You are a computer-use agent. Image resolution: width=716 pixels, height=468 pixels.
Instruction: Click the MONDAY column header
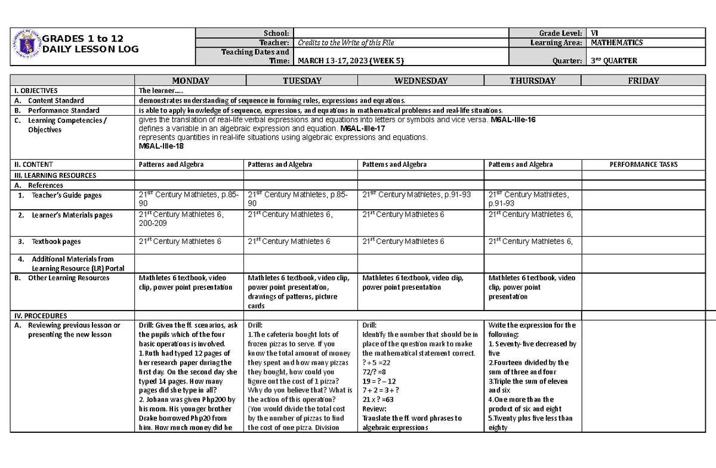coord(190,80)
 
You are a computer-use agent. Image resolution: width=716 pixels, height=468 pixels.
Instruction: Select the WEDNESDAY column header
coord(421,80)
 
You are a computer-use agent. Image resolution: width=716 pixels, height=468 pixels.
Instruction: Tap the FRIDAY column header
coord(643,80)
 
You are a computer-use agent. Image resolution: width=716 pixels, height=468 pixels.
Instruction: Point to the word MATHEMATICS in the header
coord(616,42)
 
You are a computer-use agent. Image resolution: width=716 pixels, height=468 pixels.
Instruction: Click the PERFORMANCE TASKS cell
coord(643,165)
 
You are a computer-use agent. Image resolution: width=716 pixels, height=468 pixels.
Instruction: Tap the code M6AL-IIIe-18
coord(161,146)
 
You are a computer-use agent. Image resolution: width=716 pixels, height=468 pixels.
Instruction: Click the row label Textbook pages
coord(56,241)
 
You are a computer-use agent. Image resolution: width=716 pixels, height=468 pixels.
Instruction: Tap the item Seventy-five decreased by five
coord(532,348)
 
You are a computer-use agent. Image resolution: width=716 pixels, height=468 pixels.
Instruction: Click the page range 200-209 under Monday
coord(153,223)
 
